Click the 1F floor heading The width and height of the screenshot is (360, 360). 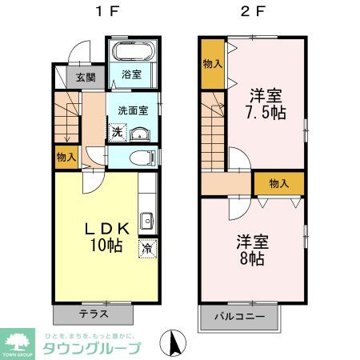click(105, 14)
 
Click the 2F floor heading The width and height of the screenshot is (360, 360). click(252, 14)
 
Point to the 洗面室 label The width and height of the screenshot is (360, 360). click(133, 110)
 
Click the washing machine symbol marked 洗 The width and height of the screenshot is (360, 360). click(117, 131)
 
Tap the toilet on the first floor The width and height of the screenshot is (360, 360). click(141, 157)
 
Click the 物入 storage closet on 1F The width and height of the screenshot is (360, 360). click(66, 158)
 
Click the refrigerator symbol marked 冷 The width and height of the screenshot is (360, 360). click(147, 247)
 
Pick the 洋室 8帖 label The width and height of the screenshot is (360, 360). click(251, 250)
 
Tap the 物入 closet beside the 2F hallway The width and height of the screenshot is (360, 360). click(278, 183)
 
